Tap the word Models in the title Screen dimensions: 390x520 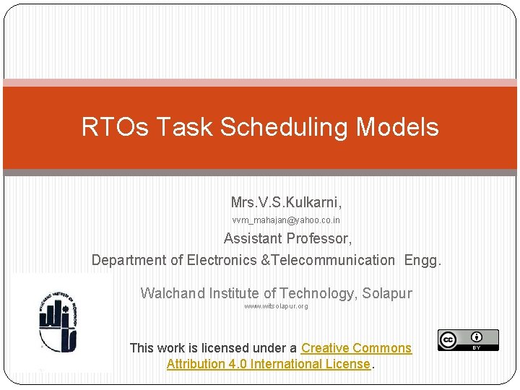click(396, 127)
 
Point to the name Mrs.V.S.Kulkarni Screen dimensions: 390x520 click(286, 201)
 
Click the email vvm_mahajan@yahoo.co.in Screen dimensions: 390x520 click(286, 220)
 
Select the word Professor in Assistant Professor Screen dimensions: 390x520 click(319, 238)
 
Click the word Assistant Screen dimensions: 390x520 click(253, 238)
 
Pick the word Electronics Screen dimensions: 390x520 click(220, 260)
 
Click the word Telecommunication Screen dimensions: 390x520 click(331, 260)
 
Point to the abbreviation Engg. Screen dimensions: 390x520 click(422, 260)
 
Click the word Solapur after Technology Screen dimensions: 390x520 click(386, 293)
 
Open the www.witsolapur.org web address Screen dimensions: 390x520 click(276, 306)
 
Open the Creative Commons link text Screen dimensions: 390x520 click(356, 348)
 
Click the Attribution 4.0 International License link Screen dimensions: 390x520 click(268, 364)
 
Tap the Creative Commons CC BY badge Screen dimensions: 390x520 click(467, 340)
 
